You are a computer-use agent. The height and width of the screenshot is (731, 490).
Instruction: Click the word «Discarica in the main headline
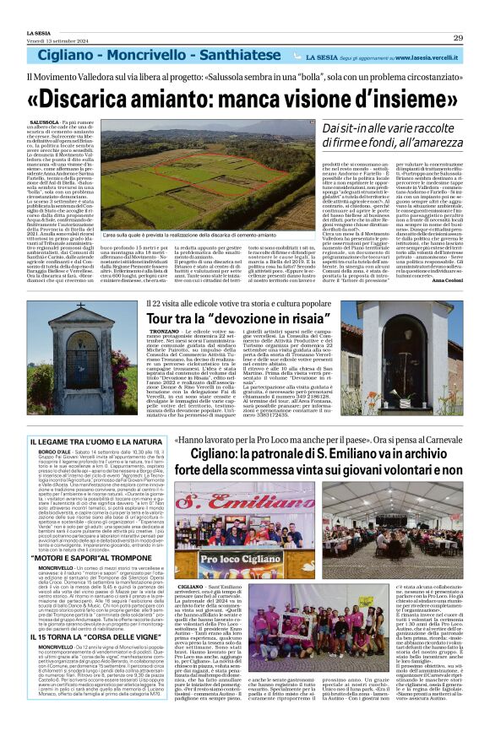[x=94, y=99]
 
